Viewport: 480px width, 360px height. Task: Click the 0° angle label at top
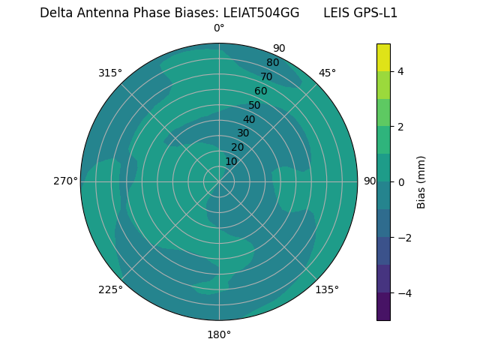tap(219, 28)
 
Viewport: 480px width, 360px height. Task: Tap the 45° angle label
tap(327, 73)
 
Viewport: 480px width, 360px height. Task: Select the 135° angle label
tap(327, 289)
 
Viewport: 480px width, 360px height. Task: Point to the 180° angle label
tap(219, 334)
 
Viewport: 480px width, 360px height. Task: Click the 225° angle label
tap(110, 289)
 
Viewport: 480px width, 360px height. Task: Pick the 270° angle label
tap(65, 181)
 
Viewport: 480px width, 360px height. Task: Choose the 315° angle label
tap(110, 73)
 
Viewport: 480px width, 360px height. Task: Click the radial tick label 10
tap(231, 161)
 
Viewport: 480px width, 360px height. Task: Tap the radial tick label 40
tap(249, 119)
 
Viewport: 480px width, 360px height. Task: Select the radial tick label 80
tap(272, 63)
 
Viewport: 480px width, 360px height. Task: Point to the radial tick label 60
tap(260, 91)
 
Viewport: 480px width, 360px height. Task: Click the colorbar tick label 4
tap(400, 71)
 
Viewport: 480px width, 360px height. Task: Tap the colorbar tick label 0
tap(400, 182)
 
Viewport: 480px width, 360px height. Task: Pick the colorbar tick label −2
tap(403, 238)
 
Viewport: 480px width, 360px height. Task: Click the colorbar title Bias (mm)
tap(421, 182)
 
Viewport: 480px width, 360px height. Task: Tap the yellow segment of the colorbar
tap(383, 57)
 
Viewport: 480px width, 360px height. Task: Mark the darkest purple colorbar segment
tap(383, 307)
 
